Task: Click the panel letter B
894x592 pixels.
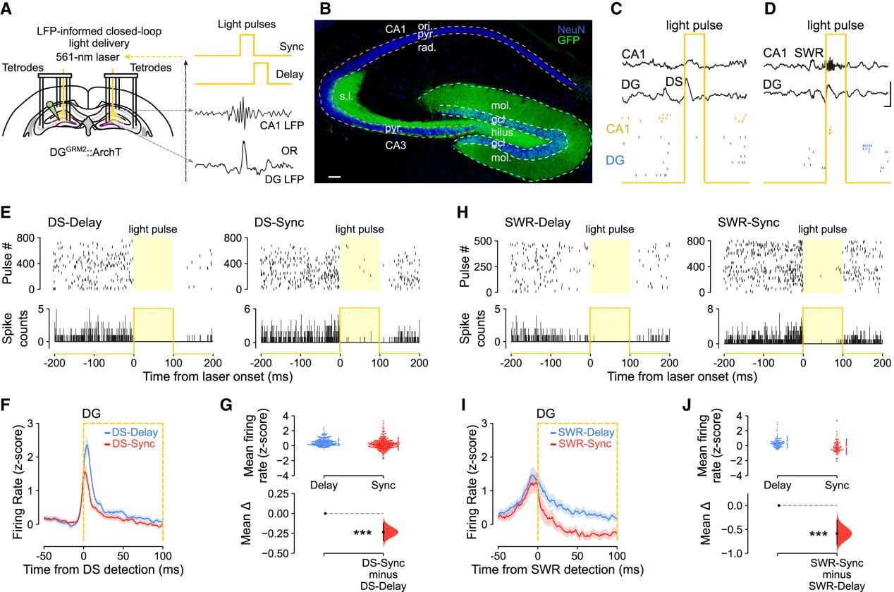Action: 325,9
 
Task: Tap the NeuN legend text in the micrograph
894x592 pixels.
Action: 570,30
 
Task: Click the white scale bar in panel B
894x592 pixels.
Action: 334,173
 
